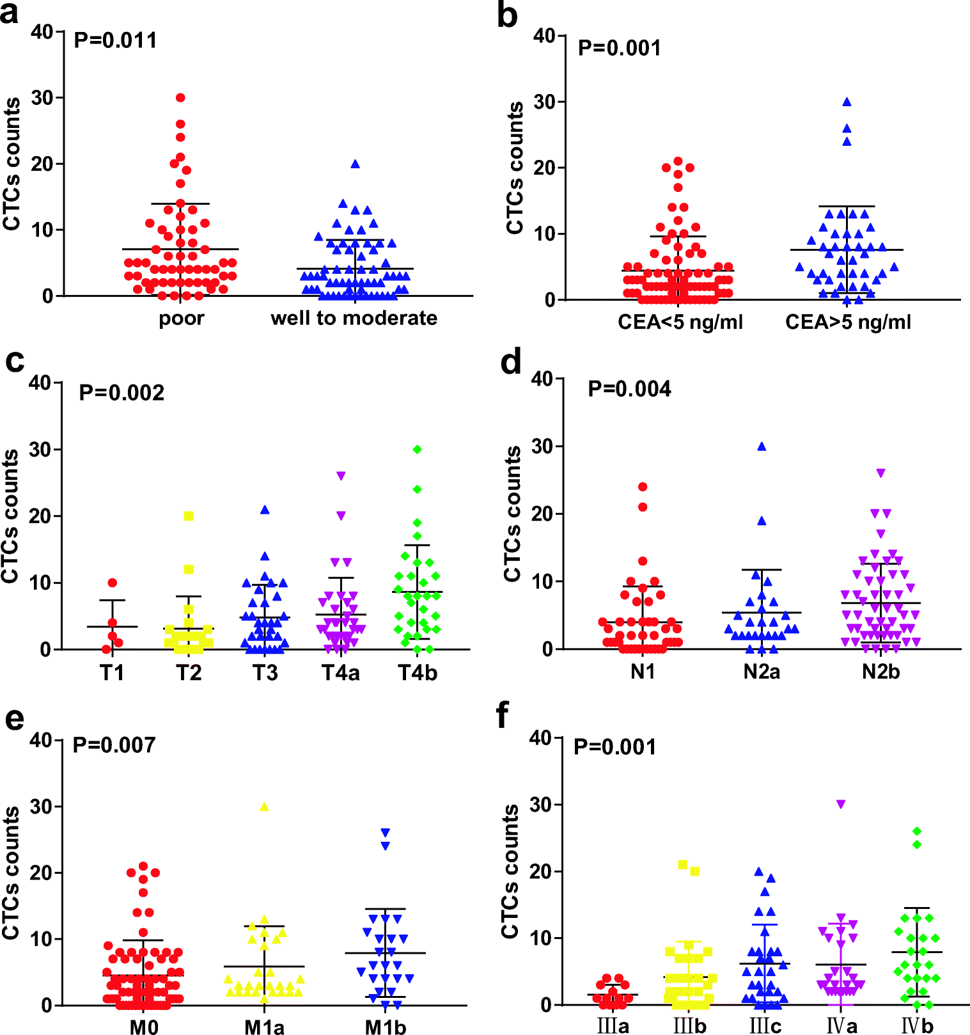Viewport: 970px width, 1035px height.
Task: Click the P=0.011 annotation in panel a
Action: (115, 40)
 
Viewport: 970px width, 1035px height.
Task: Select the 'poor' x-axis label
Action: (182, 318)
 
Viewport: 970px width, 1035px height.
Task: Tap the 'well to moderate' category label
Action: (354, 318)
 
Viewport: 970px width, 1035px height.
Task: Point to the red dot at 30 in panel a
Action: (180, 98)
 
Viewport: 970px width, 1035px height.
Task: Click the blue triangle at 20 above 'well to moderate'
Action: (356, 164)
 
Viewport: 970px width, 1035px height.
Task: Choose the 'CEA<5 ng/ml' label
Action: (680, 322)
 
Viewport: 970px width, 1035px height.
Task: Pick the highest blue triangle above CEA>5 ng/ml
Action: (847, 102)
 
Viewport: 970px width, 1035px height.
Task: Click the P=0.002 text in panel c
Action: (121, 392)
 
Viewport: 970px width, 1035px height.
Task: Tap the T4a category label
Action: (341, 673)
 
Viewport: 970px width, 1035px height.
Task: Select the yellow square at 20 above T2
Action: (189, 516)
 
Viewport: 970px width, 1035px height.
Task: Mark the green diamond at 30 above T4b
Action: (418, 450)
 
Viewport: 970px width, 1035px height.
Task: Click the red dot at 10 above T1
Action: (113, 583)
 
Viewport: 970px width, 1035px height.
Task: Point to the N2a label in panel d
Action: (762, 672)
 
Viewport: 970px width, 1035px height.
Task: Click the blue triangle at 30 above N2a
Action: (762, 447)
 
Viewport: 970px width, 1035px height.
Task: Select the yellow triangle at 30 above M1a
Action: (264, 807)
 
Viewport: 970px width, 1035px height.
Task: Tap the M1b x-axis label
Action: (386, 1027)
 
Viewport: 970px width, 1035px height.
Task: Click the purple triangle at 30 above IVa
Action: (841, 804)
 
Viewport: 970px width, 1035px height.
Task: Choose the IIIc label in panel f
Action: (765, 1026)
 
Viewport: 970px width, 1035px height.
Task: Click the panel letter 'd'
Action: (511, 363)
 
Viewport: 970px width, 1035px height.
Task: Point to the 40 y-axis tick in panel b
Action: (545, 36)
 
